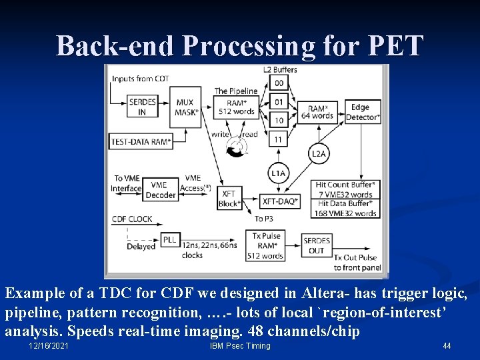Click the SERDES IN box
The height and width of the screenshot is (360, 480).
[143, 107]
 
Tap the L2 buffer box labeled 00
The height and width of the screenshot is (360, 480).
[279, 83]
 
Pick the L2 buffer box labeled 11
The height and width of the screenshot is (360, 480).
[279, 139]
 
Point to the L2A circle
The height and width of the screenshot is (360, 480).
[319, 154]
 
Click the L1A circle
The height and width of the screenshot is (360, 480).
[279, 173]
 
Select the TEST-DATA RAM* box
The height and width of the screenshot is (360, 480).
[140, 141]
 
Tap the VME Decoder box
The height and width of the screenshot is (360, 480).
[161, 190]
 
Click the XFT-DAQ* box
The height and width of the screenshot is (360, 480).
[280, 201]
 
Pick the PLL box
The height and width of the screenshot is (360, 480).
[169, 240]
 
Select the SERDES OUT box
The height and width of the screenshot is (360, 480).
[317, 245]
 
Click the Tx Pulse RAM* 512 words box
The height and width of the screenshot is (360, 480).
[266, 245]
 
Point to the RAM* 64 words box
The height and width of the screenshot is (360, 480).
[320, 112]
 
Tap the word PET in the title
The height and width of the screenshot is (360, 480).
[395, 46]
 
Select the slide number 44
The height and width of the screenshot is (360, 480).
[447, 346]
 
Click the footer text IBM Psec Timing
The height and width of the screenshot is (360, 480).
[240, 346]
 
